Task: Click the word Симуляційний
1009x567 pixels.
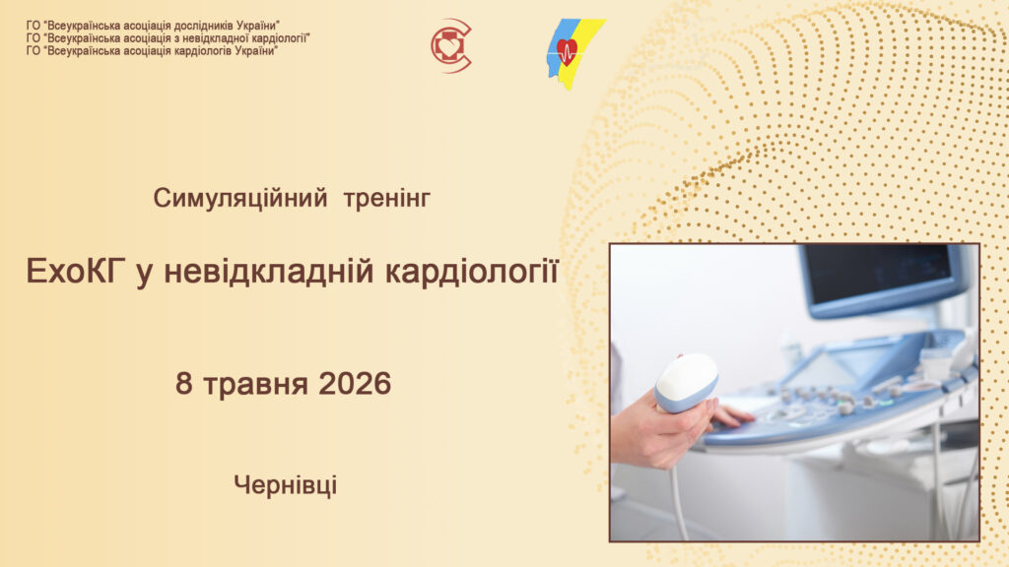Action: click(240, 199)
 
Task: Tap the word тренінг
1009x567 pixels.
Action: click(386, 199)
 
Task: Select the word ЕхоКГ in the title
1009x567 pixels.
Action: click(73, 272)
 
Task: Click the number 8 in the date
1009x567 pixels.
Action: click(183, 384)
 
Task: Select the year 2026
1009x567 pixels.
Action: click(355, 384)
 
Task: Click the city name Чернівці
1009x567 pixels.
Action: click(286, 485)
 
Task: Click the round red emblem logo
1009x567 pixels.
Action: click(451, 45)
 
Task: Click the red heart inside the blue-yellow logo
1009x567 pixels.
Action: click(567, 51)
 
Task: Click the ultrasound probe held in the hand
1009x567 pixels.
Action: click(686, 383)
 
